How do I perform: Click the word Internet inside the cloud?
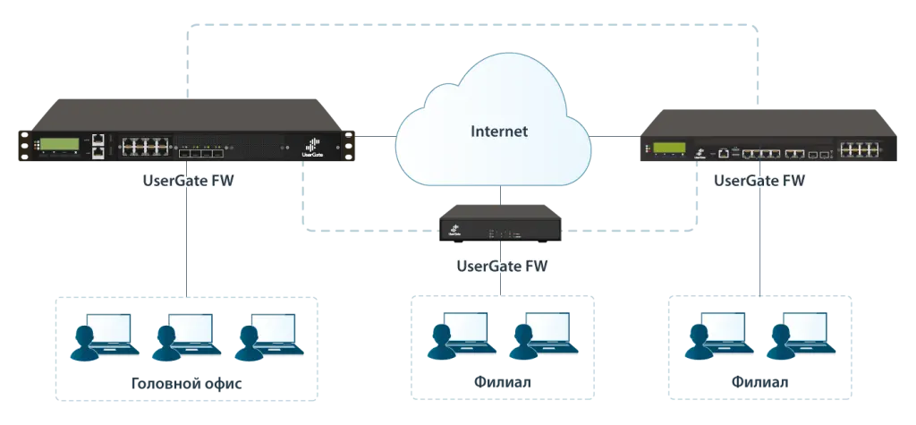pos(499,131)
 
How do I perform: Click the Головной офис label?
pos(186,384)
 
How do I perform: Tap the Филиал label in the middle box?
pos(503,383)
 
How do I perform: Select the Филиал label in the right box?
pos(759,383)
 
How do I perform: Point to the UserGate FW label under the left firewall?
pos(189,181)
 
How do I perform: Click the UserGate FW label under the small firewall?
pos(503,267)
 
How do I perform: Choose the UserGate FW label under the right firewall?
pos(759,181)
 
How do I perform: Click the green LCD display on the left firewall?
pos(60,144)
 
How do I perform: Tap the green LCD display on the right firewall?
pos(669,148)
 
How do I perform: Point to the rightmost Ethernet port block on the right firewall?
pos(860,149)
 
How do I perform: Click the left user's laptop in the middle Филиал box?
pos(467,332)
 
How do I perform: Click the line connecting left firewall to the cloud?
pos(376,137)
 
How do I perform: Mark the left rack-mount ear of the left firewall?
pos(24,146)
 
